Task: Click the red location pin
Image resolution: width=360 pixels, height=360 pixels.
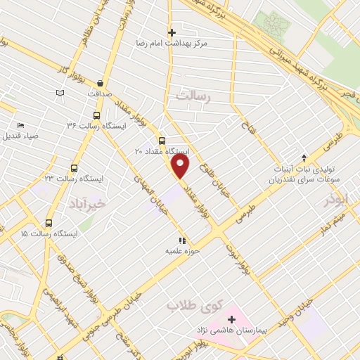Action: pyautogui.click(x=181, y=167)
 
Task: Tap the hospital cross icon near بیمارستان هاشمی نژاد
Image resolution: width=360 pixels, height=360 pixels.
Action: pyautogui.click(x=231, y=320)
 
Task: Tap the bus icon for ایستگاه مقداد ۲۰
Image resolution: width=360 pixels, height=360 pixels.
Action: pyautogui.click(x=162, y=140)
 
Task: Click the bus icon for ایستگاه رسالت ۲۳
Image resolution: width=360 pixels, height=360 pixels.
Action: pyautogui.click(x=74, y=168)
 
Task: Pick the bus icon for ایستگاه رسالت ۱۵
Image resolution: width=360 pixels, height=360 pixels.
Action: pyautogui.click(x=49, y=222)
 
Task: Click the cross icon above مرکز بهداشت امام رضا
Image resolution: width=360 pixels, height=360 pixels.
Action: pyautogui.click(x=172, y=32)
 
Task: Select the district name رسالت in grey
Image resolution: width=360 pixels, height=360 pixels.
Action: pyautogui.click(x=193, y=96)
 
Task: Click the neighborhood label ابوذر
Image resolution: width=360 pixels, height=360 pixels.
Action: pyautogui.click(x=336, y=200)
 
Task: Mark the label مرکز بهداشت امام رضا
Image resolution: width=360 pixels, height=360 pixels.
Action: pyautogui.click(x=172, y=44)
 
